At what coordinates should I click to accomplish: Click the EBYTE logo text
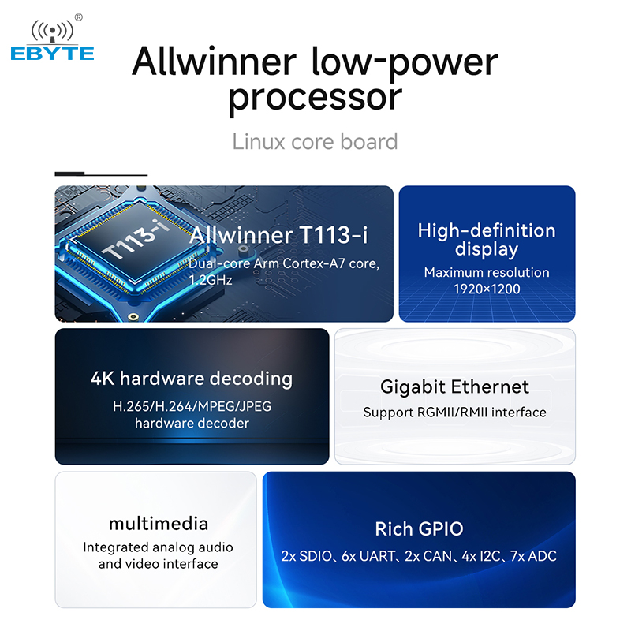(x=52, y=54)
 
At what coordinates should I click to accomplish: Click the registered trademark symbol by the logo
(x=79, y=17)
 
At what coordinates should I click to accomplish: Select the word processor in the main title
(x=315, y=98)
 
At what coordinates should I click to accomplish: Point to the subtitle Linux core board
(x=315, y=142)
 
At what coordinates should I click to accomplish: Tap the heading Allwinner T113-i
(x=278, y=234)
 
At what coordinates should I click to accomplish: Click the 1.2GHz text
(x=211, y=280)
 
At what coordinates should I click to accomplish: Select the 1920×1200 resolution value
(x=487, y=289)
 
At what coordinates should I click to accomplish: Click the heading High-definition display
(x=487, y=240)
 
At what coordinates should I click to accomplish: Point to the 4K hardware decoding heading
(x=192, y=379)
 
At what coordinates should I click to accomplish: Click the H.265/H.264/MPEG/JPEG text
(x=192, y=406)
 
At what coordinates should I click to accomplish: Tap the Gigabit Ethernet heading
(x=455, y=387)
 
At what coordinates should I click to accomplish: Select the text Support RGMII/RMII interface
(x=455, y=413)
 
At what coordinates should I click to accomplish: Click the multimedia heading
(x=159, y=524)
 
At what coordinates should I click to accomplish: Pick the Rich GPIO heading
(x=420, y=528)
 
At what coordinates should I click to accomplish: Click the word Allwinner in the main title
(x=214, y=62)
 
